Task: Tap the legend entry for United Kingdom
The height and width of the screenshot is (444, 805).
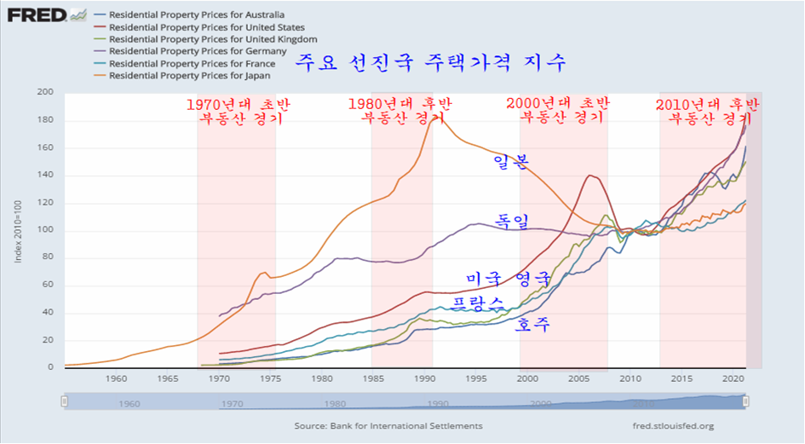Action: point(213,39)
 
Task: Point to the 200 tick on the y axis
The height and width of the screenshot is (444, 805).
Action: point(45,92)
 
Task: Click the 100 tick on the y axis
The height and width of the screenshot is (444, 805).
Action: point(45,230)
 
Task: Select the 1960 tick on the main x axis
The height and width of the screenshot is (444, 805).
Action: point(117,378)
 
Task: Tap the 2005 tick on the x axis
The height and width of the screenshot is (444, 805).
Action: point(579,378)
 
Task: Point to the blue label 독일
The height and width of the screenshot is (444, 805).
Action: point(510,222)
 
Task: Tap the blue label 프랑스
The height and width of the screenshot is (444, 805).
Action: point(478,303)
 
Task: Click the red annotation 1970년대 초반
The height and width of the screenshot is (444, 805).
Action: point(238,104)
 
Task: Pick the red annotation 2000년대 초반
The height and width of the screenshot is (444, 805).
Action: point(558,104)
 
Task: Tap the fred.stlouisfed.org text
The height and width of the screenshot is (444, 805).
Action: point(668,426)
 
